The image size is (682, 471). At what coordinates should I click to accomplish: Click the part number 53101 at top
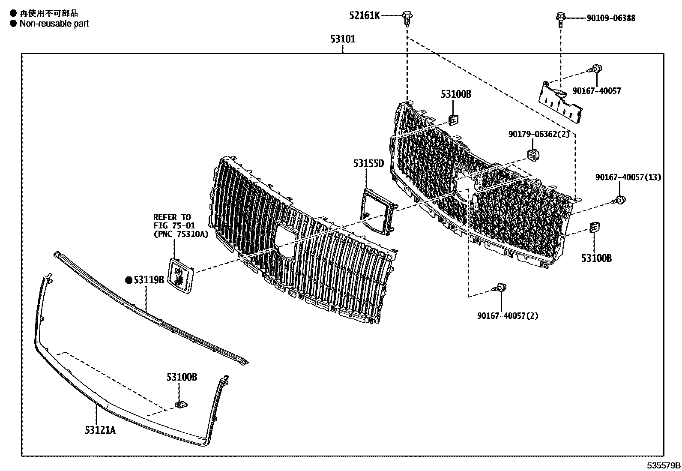click(x=343, y=39)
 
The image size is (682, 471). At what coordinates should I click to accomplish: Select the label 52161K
click(x=364, y=16)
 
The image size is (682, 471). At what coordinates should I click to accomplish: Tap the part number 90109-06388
click(x=611, y=18)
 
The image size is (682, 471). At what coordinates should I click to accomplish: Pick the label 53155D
click(x=368, y=163)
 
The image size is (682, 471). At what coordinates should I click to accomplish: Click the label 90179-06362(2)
click(x=539, y=134)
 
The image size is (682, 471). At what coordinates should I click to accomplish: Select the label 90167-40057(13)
click(x=628, y=177)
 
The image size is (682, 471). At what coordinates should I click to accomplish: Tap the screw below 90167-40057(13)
click(x=620, y=199)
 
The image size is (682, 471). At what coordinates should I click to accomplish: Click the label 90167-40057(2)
click(x=508, y=316)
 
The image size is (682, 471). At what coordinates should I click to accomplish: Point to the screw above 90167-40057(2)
click(x=501, y=288)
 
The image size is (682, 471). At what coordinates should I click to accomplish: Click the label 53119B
click(x=149, y=280)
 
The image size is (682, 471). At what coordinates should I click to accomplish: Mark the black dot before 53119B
click(x=129, y=280)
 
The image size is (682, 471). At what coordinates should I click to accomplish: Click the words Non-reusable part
click(x=54, y=24)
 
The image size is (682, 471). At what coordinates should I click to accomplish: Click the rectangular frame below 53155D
click(x=377, y=211)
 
